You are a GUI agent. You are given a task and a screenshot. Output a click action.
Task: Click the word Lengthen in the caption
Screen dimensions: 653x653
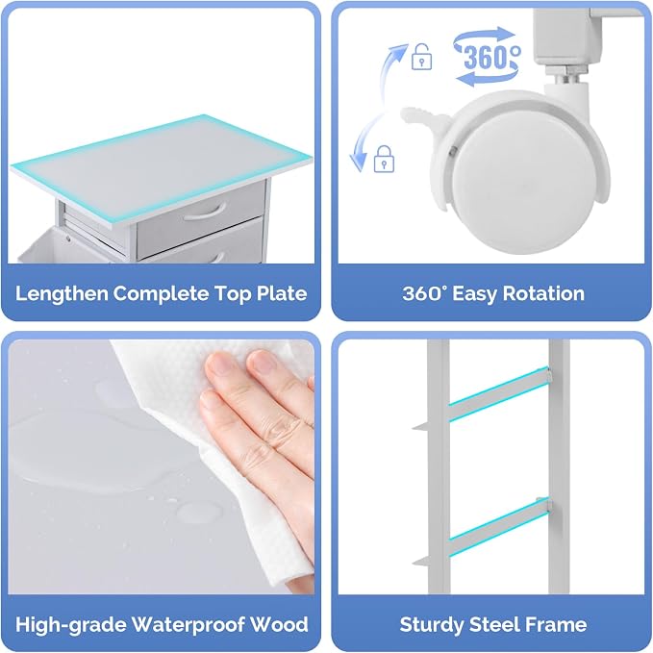tap(63, 294)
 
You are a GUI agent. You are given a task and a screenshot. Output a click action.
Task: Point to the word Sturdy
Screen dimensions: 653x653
tap(432, 625)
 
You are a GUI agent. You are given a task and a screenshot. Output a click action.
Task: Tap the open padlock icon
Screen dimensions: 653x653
tap(421, 57)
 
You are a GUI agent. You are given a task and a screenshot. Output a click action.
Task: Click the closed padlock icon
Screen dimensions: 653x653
tap(384, 159)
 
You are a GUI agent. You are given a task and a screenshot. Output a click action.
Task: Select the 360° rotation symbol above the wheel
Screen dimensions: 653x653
tap(488, 57)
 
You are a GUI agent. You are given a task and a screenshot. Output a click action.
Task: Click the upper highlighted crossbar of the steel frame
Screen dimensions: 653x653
tap(499, 393)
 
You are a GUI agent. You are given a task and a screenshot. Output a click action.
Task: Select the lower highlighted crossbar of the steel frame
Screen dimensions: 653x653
tap(499, 526)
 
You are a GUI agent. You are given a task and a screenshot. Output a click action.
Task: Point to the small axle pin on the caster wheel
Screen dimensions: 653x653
tap(452, 152)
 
